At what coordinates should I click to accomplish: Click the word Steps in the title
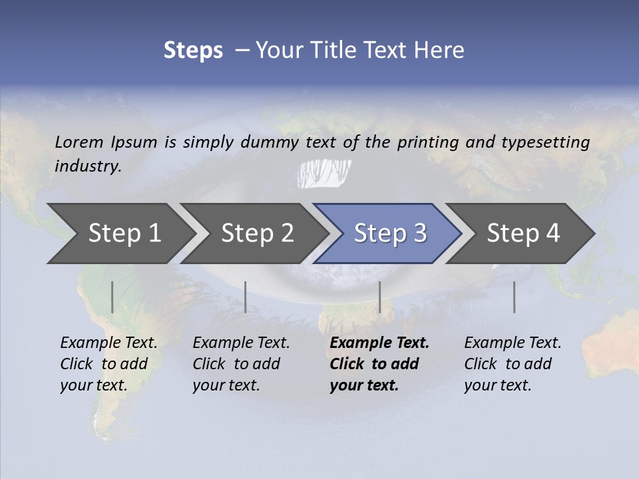(193, 51)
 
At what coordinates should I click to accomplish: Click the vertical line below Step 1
(112, 297)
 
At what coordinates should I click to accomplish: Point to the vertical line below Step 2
(246, 297)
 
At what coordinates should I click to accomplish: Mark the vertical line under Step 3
(379, 297)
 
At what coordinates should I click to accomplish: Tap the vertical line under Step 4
(514, 297)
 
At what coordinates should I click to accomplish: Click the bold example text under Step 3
(379, 364)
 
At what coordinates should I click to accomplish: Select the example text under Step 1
(108, 364)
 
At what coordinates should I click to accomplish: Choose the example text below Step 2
(241, 364)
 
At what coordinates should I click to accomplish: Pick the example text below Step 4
(513, 364)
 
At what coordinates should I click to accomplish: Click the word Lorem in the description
(79, 142)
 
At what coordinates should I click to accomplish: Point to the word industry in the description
(88, 166)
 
